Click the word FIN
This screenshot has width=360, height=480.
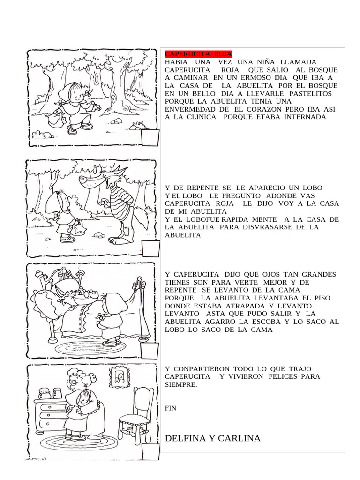pyautogui.click(x=171, y=408)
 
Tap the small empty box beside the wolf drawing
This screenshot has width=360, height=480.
pyautogui.click(x=151, y=249)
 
